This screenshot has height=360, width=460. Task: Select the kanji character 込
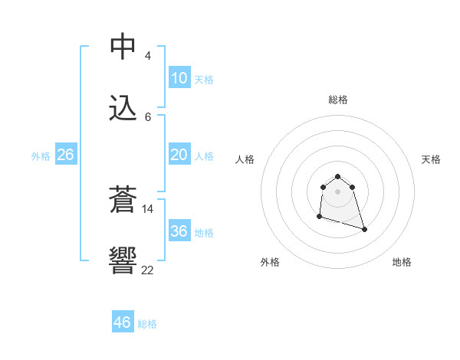coord(123,108)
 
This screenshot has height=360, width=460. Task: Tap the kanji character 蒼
coord(123,201)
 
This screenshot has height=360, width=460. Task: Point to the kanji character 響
coord(123,262)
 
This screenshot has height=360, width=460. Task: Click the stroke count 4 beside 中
coord(148,56)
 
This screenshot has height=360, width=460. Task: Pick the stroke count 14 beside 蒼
coord(148,208)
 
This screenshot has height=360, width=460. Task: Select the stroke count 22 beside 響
coord(148,270)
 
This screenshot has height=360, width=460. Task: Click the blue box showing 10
coord(179,78)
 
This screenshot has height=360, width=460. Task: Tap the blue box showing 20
coord(179,155)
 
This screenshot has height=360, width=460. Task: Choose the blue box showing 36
coord(179,231)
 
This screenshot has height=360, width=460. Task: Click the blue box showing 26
coord(65,155)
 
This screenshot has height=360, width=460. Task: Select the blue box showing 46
coord(122,322)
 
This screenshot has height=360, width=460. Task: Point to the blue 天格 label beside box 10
coord(204,80)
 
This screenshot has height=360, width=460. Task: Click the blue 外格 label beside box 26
coord(41,156)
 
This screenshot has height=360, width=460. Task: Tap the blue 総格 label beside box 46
coord(147,324)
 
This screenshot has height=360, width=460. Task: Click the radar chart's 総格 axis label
coord(338,100)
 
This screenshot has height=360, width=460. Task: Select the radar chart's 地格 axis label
coord(402,262)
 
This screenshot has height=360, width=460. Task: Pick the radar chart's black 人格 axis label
coord(245,159)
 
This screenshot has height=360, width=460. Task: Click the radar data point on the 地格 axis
coord(364,229)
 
